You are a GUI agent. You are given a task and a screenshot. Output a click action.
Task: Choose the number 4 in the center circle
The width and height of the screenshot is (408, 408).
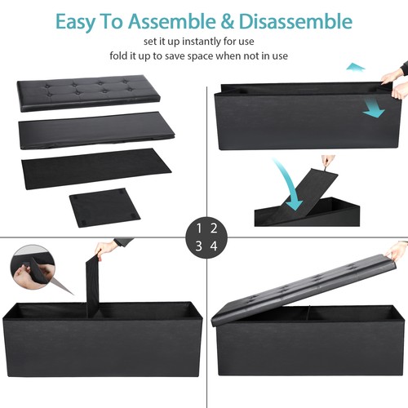point(214,246)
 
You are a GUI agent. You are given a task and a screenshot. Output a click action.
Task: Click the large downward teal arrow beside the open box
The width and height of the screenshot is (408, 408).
point(372,105)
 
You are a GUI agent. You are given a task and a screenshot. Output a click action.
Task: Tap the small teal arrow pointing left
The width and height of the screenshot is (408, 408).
point(355,66)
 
